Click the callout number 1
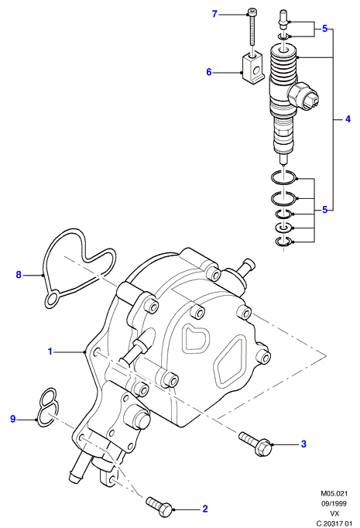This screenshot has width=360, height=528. [x=50, y=351]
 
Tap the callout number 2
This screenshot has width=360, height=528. [x=205, y=509]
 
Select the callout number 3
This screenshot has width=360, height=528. [x=303, y=444]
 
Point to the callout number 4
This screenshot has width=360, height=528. [x=348, y=119]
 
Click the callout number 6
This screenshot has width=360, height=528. [x=209, y=72]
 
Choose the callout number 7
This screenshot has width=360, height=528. [x=214, y=14]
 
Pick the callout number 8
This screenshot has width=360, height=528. [x=19, y=275]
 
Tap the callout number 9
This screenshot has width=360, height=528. [x=13, y=420]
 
